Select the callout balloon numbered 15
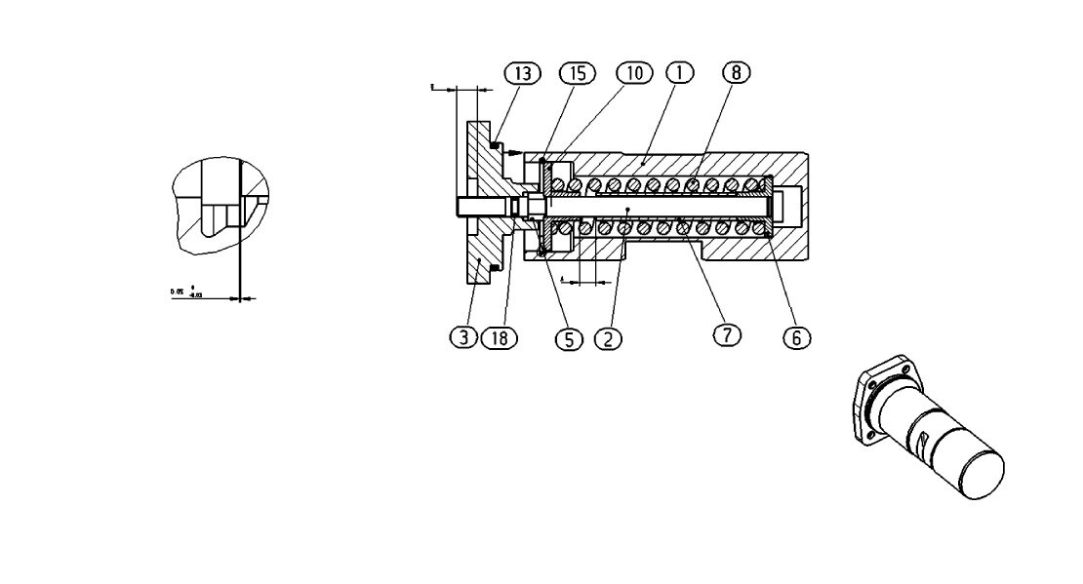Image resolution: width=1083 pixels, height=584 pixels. (576, 73)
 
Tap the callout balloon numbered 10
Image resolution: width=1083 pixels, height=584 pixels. (633, 73)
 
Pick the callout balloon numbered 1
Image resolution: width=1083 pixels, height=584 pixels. (679, 73)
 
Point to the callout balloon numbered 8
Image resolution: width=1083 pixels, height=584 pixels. (737, 73)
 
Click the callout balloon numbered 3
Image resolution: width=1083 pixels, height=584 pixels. (463, 337)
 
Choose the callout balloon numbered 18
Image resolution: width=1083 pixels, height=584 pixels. (499, 337)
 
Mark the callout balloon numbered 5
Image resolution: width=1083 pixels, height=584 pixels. (568, 338)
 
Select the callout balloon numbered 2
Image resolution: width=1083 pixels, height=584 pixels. (607, 338)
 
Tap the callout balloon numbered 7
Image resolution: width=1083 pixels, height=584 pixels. (726, 334)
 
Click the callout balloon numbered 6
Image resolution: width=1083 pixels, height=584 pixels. (796, 337)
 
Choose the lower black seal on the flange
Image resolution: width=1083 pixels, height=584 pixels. (495, 267)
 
